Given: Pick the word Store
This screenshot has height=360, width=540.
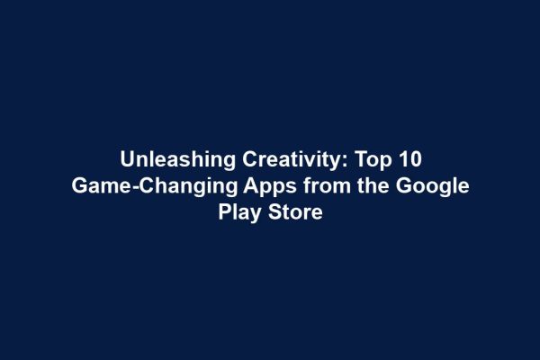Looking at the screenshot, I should point(295,215).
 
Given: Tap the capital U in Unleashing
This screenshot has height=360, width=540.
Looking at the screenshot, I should point(128,161).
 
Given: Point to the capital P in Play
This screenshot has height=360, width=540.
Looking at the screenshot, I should point(224,215).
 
